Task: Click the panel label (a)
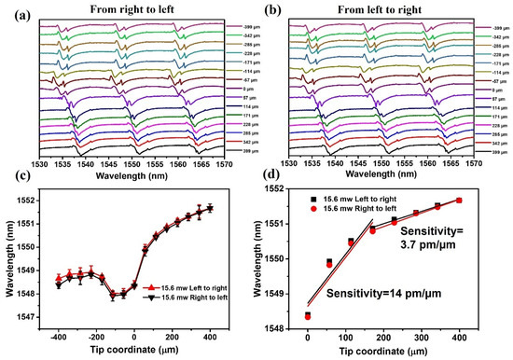point(12,9)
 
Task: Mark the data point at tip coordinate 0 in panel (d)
point(308,315)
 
